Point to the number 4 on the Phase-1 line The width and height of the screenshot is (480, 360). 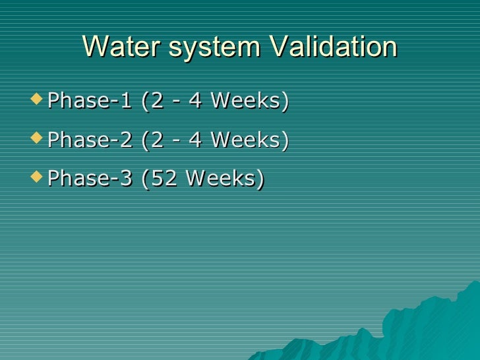tap(195, 102)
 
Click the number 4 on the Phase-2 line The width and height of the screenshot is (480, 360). tap(195, 140)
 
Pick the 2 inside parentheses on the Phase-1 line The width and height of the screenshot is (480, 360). tap(154, 102)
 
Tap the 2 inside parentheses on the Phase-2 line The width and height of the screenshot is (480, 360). tap(154, 140)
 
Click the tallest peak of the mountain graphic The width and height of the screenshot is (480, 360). tap(474, 285)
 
